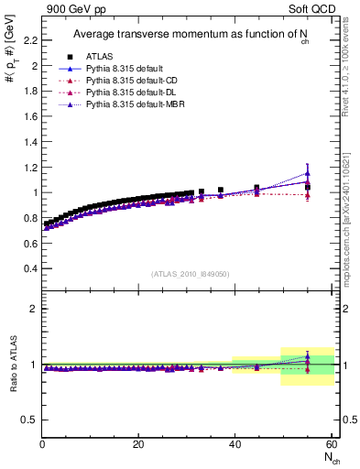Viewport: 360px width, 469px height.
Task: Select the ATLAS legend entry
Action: pyautogui.click(x=101, y=57)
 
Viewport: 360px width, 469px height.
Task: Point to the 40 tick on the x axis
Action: pyautogui.click(x=235, y=444)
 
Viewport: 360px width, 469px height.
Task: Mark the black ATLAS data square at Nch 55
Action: pyautogui.click(x=308, y=187)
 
